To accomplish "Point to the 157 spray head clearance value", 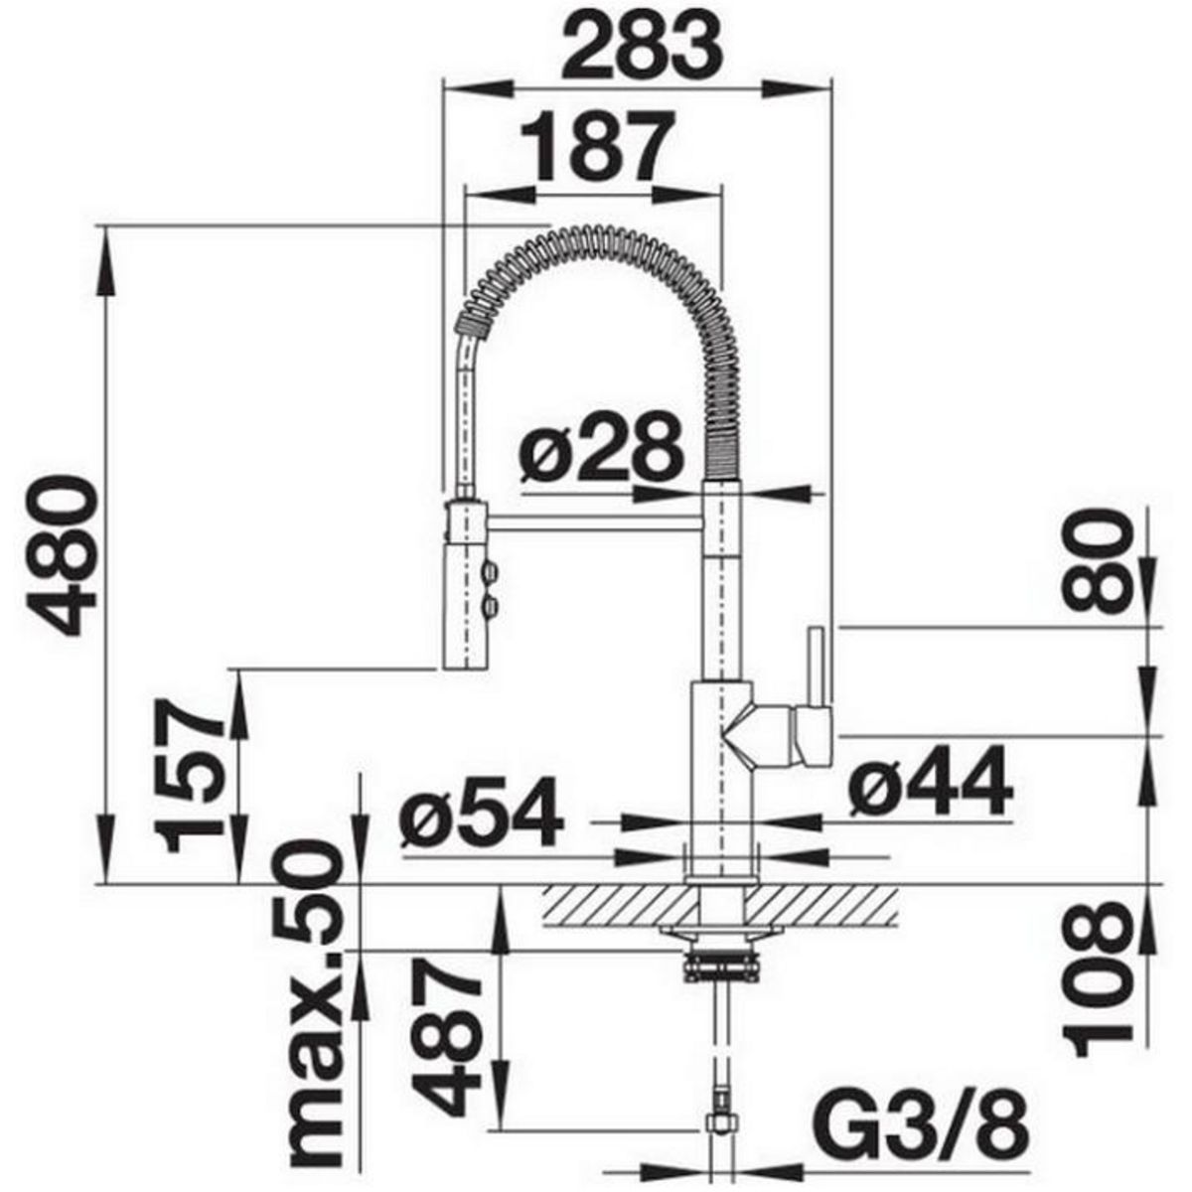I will [x=193, y=775].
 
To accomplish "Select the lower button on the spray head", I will [x=489, y=605].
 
